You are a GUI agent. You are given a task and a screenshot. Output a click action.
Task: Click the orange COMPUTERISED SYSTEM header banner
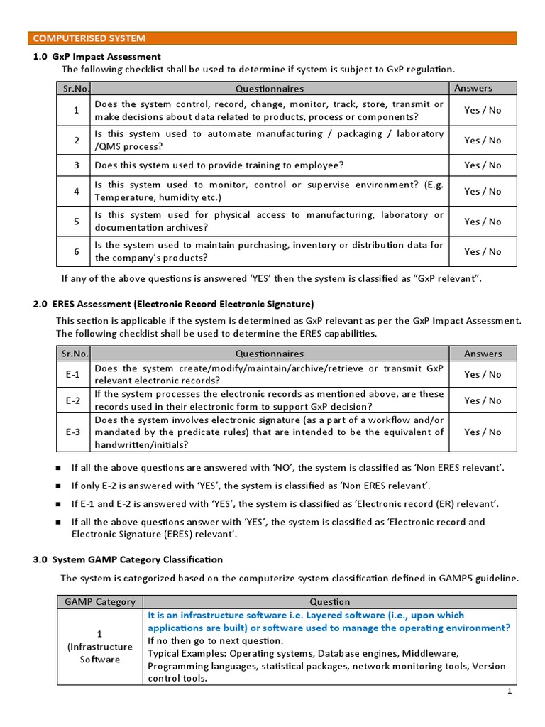coord(272,38)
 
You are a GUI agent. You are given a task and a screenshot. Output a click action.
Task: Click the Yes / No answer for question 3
coord(483,165)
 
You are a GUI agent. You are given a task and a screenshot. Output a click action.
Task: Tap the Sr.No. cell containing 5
coord(76,222)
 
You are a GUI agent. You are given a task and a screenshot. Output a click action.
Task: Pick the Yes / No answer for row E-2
coord(483,400)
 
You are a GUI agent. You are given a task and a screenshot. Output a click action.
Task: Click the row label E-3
coord(74,432)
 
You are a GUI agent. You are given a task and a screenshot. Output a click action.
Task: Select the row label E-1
coord(74,374)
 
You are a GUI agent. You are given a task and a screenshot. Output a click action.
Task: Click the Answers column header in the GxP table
coord(473,88)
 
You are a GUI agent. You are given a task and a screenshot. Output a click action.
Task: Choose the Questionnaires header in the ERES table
coord(270,354)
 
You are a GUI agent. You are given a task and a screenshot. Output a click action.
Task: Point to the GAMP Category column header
coord(100,602)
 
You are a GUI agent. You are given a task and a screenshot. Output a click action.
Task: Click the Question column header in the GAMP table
coord(329,602)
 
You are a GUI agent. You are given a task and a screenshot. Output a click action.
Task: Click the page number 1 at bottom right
coord(509,691)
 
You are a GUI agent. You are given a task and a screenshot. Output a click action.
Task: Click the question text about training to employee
coord(219,165)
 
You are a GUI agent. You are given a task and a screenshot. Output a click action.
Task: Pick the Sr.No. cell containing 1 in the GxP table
coord(76,110)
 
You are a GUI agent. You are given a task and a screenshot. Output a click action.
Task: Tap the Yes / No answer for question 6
coord(483,251)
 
